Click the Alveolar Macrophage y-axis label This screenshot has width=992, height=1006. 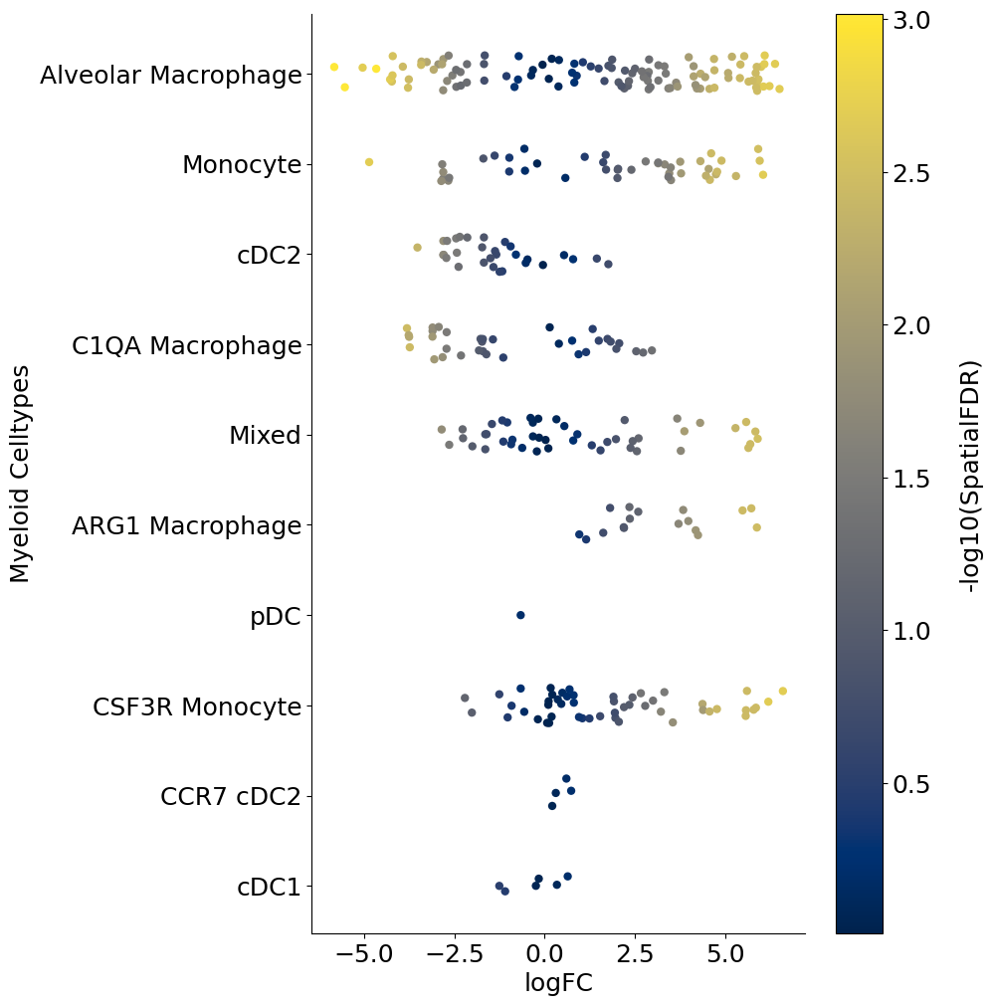[x=170, y=75]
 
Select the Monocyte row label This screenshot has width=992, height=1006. [x=241, y=165]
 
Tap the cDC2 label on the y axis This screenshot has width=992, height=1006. [x=269, y=255]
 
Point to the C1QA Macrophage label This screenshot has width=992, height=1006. [x=186, y=345]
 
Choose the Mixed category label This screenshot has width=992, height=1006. [x=265, y=435]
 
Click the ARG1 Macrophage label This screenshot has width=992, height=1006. [x=186, y=525]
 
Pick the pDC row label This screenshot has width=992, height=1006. [x=276, y=616]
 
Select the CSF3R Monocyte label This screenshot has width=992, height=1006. [x=196, y=706]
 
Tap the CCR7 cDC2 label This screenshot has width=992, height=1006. [x=230, y=796]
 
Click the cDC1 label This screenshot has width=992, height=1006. [x=269, y=887]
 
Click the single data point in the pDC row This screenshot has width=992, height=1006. [x=520, y=615]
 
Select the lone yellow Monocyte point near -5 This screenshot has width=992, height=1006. [x=369, y=162]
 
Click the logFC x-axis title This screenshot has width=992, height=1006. [x=558, y=983]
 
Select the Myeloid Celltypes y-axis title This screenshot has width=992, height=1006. [x=21, y=474]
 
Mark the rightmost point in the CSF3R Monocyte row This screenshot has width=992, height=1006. [x=783, y=691]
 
